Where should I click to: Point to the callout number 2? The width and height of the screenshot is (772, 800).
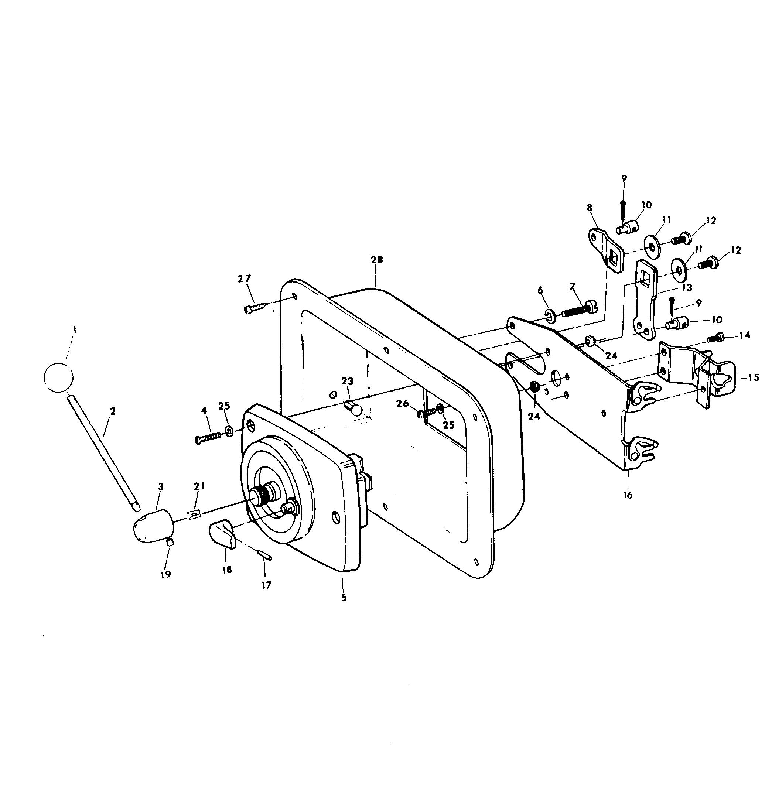point(113,411)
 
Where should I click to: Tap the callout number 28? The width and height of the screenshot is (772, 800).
point(377,260)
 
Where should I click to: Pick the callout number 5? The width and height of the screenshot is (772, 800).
point(344,598)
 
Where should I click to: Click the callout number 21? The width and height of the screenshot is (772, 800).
point(199,486)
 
